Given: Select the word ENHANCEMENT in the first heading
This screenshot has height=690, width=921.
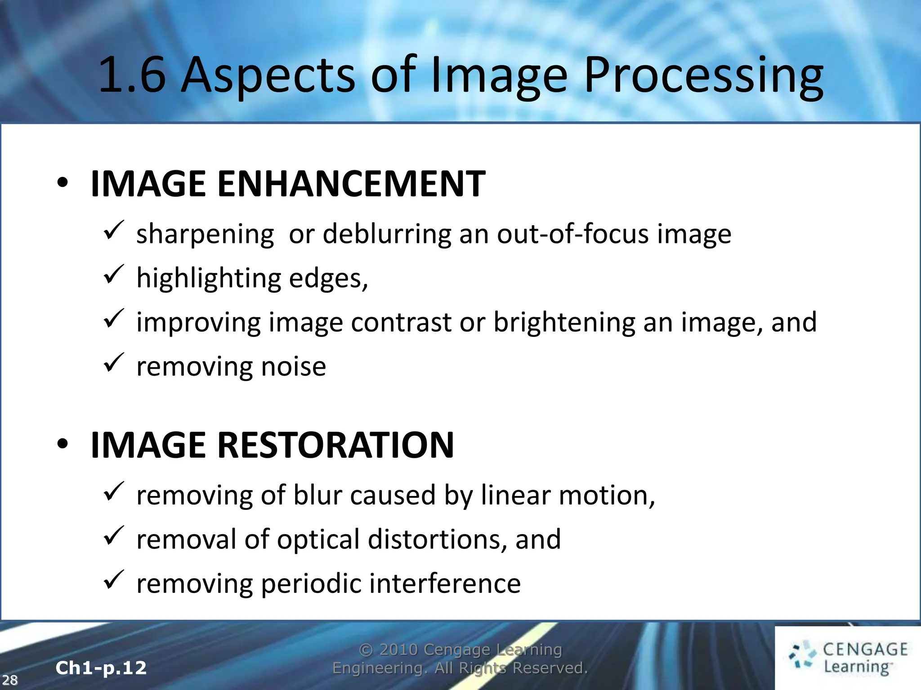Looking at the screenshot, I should [351, 184].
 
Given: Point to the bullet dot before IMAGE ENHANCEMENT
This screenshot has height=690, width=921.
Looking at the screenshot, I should [63, 183].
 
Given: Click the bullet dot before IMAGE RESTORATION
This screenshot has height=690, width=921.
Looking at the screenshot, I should [63, 444].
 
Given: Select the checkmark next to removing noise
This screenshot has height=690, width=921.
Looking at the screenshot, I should [113, 363].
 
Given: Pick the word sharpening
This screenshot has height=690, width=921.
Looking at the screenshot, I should [205, 234].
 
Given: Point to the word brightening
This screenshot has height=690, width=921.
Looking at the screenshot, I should [564, 323].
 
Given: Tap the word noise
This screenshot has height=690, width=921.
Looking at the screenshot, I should [294, 367].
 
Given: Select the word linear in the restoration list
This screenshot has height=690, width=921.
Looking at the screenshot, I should [515, 495].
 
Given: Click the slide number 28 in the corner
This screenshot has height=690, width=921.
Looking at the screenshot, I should [10, 680].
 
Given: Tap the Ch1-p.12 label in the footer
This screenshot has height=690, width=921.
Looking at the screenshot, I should [101, 668].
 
